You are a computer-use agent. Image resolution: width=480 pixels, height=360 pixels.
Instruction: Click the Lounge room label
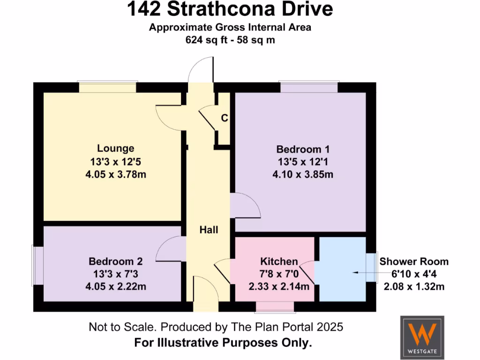115,149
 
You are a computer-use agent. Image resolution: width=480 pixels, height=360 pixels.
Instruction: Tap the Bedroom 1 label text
302,150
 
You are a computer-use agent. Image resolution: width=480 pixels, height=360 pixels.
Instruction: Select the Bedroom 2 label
115,261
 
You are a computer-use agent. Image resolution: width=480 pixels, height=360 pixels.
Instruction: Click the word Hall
209,230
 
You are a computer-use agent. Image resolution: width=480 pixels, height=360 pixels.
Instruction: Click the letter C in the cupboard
225,118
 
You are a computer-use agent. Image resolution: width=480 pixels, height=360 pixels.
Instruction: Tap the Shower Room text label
413,262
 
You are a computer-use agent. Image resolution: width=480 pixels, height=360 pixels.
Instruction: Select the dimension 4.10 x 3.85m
302,175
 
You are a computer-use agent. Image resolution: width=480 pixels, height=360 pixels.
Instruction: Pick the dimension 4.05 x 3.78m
115,174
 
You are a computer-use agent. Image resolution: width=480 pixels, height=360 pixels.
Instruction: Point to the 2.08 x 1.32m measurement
413,286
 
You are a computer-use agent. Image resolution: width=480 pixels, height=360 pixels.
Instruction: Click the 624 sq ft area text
230,40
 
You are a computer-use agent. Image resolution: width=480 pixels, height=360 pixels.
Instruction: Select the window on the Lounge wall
107,87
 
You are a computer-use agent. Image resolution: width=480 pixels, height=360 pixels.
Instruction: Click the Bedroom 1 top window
309,87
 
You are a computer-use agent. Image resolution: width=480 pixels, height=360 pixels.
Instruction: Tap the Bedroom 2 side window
37,265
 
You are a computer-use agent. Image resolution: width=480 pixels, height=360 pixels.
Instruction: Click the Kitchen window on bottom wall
275,307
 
